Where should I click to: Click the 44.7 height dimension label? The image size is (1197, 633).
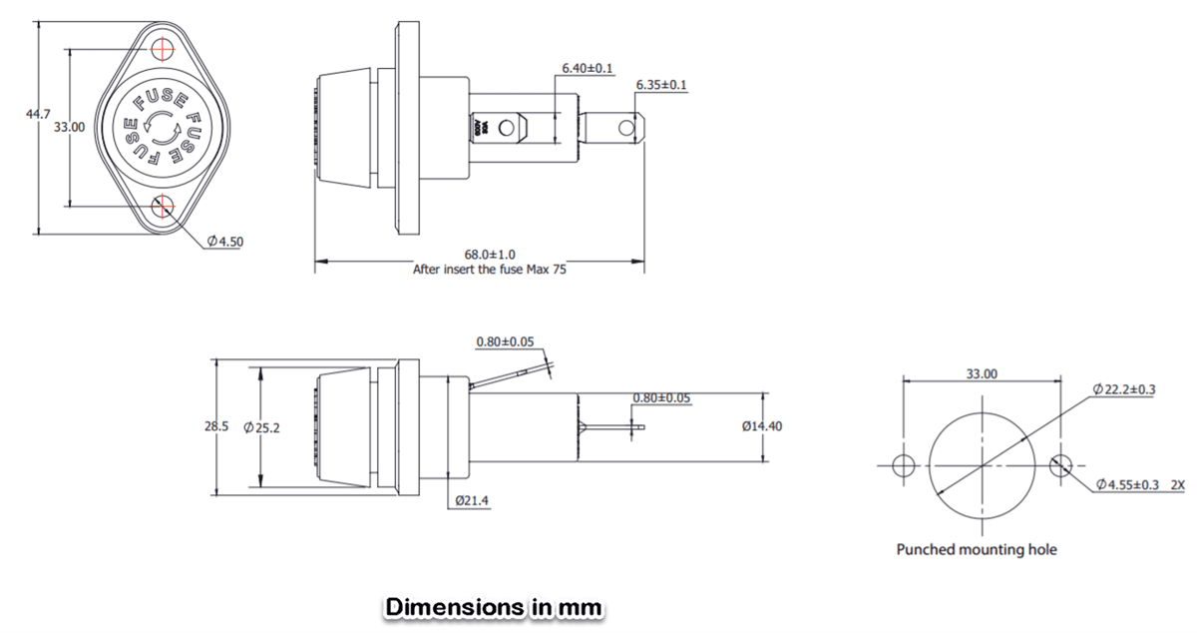(x=37, y=116)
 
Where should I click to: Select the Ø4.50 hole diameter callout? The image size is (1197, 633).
(x=225, y=242)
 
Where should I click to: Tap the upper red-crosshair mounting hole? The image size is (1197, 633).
(x=165, y=47)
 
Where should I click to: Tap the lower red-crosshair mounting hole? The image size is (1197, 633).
(x=165, y=207)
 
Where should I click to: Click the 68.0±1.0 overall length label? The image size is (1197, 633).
(x=489, y=256)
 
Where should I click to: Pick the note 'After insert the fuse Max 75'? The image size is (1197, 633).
(x=489, y=270)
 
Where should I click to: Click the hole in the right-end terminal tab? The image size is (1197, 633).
(x=626, y=128)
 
